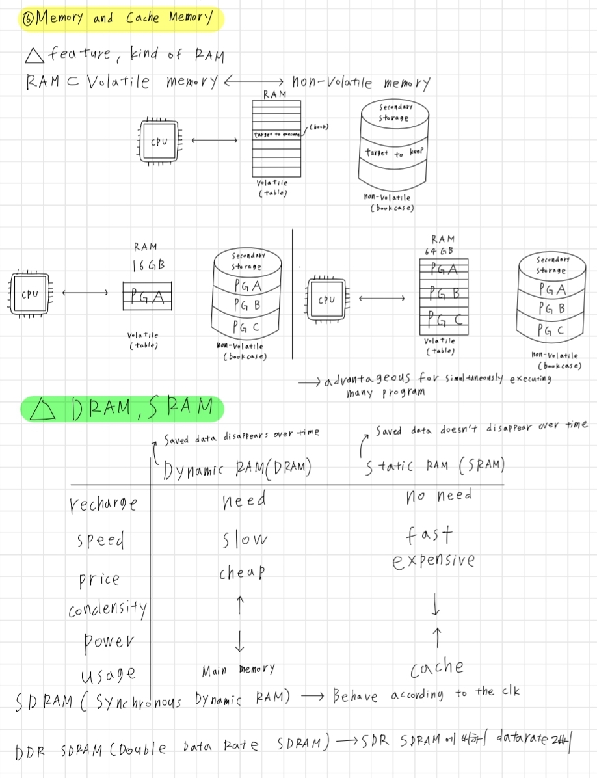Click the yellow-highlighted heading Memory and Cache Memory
pos(121,19)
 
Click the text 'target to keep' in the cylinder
pos(394,153)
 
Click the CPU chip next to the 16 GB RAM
pos(30,294)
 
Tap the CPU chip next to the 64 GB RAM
pos(326,300)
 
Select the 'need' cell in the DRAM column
pos(243,500)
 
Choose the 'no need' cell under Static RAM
pos(438,496)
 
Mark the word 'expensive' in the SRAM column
pos(434,561)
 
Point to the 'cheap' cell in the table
pos(241,572)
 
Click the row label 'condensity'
pos(107,610)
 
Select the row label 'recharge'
pos(103,503)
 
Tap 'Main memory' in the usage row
pos(239,669)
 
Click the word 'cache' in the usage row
pos(437,667)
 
